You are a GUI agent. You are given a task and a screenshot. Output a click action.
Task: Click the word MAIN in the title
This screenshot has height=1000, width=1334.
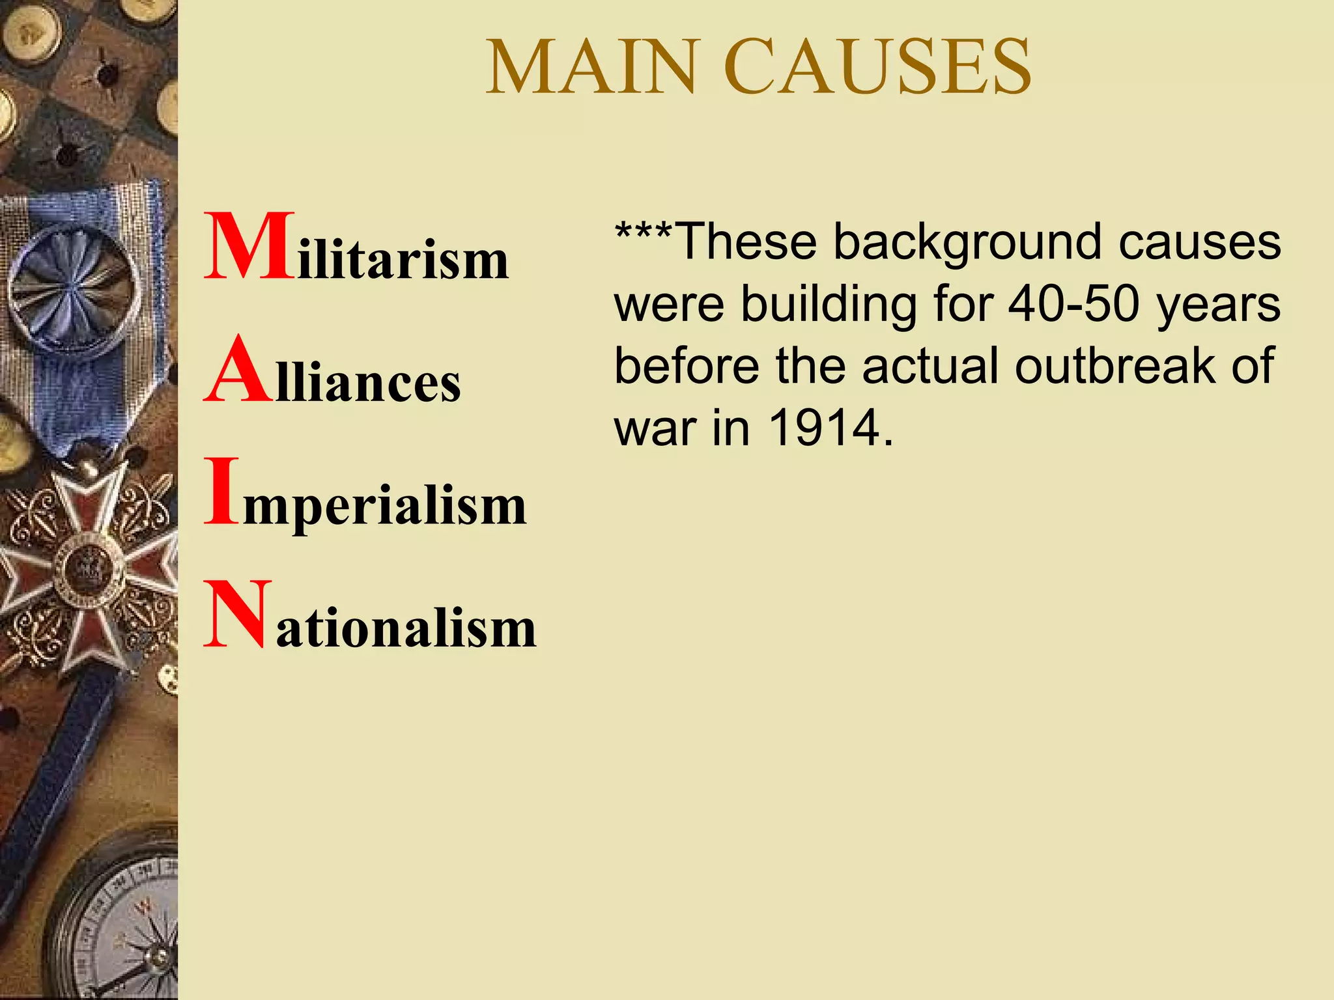(x=593, y=68)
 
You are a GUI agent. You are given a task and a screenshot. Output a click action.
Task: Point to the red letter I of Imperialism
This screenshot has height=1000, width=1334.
(x=221, y=492)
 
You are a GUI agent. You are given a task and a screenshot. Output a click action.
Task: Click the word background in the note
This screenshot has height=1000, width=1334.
(x=969, y=242)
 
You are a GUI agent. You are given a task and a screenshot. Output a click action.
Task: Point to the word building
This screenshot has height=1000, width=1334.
(x=829, y=304)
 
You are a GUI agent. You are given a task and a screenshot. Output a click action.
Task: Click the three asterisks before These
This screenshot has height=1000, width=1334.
(x=643, y=234)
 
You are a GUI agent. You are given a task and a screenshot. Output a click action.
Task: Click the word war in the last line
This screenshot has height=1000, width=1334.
(x=656, y=430)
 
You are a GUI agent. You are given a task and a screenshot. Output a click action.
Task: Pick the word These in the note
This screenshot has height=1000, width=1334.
(x=746, y=242)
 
